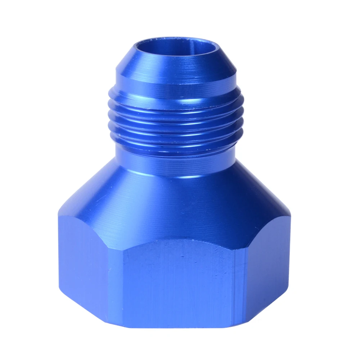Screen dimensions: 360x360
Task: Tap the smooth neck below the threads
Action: (x=176, y=164)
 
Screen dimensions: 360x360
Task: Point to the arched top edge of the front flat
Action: (x=176, y=240)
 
